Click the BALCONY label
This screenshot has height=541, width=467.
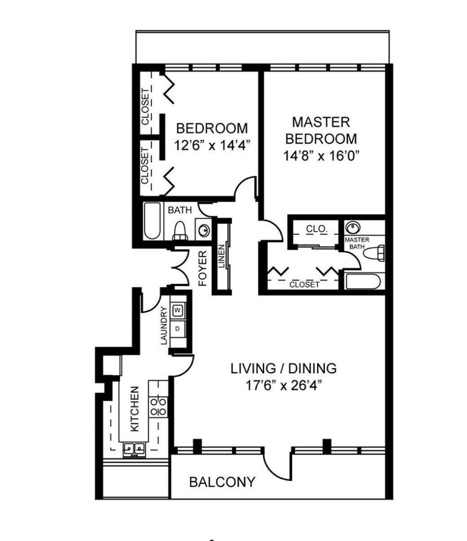(222, 482)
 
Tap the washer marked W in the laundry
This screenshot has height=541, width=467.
(177, 310)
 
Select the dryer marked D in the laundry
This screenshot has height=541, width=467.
(177, 329)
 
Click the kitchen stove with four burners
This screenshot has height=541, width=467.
(158, 407)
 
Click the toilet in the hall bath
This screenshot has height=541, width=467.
(180, 231)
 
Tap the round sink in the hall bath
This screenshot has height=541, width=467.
(203, 229)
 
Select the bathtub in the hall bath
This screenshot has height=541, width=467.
(152, 221)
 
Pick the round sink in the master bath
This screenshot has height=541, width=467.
(353, 228)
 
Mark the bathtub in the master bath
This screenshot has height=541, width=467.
(363, 281)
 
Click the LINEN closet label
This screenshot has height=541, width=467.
(222, 256)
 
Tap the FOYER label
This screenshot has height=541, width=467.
(203, 268)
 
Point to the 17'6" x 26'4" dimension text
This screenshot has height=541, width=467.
(284, 385)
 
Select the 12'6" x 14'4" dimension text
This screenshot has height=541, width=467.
(212, 145)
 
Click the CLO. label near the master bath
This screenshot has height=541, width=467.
(317, 229)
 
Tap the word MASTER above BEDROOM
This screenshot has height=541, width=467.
(321, 122)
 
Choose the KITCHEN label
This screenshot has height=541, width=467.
(135, 409)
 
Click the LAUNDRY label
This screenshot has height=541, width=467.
(164, 326)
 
